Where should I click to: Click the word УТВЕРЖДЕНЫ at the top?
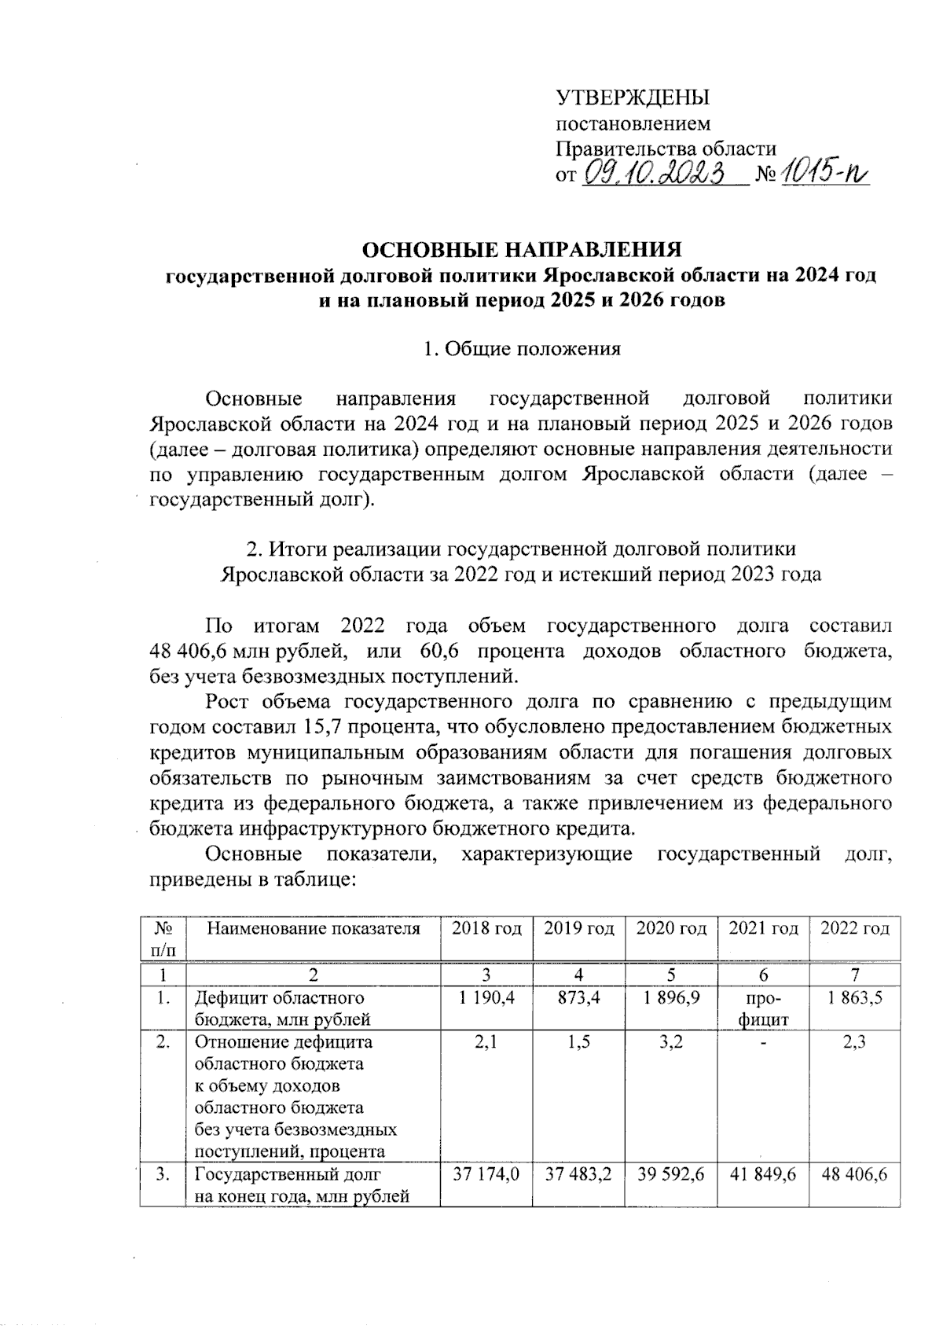pos(633,98)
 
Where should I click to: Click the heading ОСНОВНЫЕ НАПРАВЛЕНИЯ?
pos(521,250)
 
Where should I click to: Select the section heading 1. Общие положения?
pos(521,349)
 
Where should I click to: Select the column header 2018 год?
pos(486,928)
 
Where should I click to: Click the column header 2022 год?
pos(855,928)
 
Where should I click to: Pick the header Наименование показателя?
pos(314,928)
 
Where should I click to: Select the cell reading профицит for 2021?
pos(763,1008)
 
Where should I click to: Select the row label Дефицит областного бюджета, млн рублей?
pos(281,1008)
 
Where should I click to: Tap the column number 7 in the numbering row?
pos(855,975)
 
